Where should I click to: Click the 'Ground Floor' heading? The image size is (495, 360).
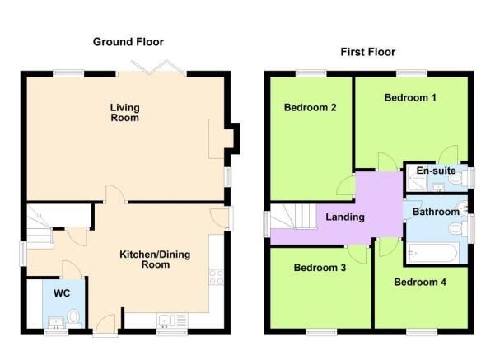128,42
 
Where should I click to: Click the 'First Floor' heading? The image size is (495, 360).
367,52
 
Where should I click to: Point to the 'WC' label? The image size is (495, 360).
62,293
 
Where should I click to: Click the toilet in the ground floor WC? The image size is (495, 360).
74,316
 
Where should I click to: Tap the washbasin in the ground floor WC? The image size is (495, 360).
55,320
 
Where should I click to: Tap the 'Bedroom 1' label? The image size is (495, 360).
409,98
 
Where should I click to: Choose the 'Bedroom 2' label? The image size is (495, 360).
309,107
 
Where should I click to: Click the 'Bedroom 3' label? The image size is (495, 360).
319,268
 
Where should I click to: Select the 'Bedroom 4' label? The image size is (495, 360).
419,283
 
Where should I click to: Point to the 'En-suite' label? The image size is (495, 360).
436,171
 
